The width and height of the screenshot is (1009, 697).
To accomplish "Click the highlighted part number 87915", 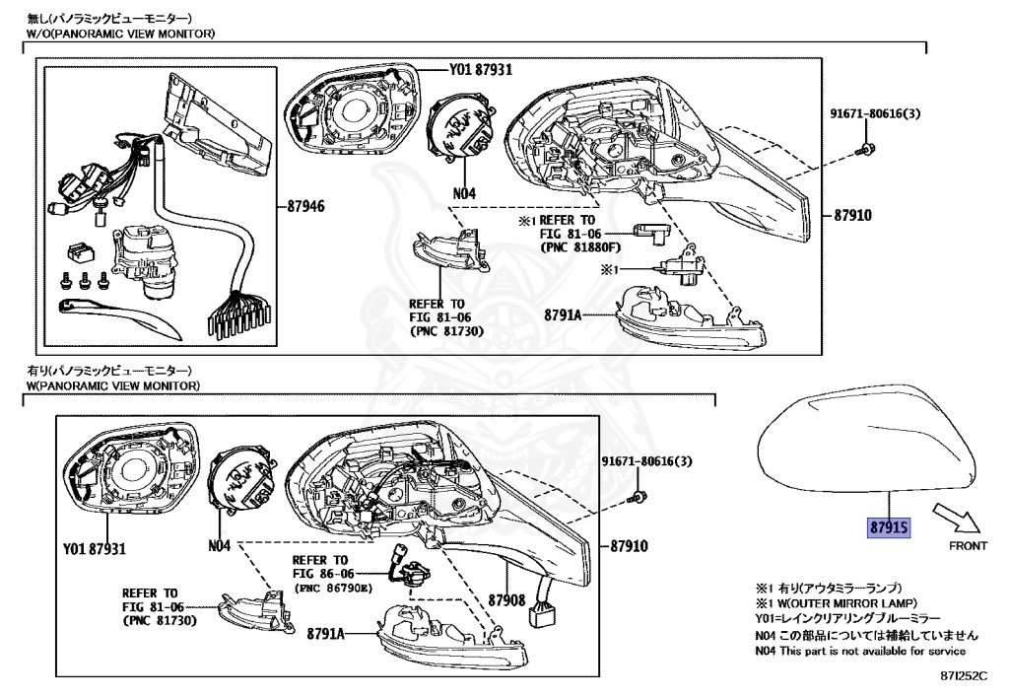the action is click(x=889, y=527).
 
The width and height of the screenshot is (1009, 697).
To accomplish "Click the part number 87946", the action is click(x=306, y=208).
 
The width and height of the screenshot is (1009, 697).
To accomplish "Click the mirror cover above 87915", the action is click(x=867, y=439).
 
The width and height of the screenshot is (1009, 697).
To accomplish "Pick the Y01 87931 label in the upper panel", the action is click(x=481, y=70).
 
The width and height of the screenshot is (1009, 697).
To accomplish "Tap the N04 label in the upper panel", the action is click(x=464, y=194).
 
